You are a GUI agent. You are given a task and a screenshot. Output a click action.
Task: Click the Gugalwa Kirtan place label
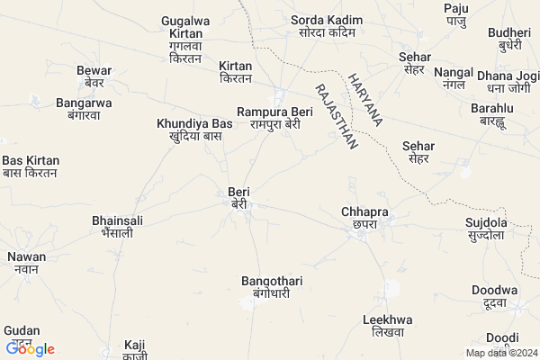[x=186, y=39]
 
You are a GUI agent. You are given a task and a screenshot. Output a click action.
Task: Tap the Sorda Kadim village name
[x=326, y=26]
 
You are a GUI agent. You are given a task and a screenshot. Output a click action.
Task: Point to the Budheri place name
[x=509, y=39]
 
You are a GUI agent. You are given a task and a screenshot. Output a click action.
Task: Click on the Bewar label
[x=94, y=76]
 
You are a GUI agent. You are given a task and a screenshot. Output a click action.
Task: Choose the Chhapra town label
[x=364, y=218]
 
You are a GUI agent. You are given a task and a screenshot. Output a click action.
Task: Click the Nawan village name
[x=27, y=263]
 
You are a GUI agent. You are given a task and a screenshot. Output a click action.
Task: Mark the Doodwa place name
[x=494, y=297]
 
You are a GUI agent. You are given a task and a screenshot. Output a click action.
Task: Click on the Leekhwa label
[x=387, y=326]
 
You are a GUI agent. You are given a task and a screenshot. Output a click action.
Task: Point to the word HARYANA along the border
[x=366, y=98]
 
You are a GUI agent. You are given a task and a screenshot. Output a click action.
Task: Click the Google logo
[x=31, y=349]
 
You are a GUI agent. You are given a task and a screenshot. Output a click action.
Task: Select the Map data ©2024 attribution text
[x=499, y=353]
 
